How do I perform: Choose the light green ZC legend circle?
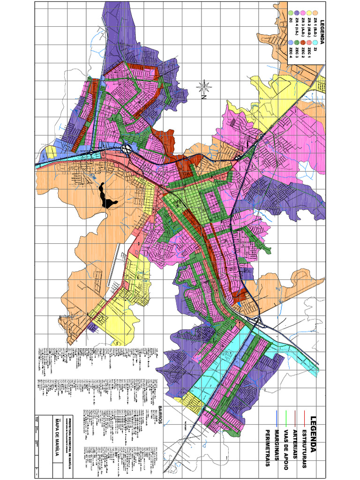291,13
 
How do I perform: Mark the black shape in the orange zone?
107,196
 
